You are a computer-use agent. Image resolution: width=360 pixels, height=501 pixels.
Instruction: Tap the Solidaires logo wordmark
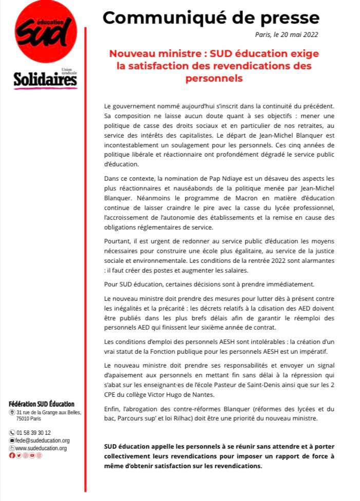coord(46,80)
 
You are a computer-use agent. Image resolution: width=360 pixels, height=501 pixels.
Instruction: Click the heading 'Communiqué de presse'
coord(211,17)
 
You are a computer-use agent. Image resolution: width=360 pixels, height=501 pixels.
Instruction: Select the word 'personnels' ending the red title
coord(214,79)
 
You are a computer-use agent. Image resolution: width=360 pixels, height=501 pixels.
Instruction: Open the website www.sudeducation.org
coord(42,448)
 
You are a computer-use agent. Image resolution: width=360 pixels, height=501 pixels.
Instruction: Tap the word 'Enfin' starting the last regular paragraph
coord(111,409)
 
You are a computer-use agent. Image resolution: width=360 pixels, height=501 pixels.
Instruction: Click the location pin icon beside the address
coord(12,412)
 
